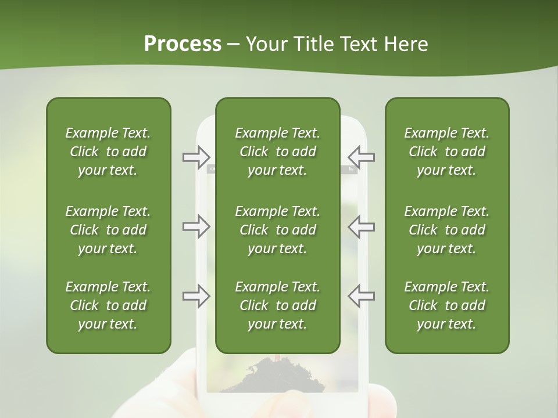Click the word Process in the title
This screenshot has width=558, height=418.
(183, 44)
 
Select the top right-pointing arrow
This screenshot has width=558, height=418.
(196, 156)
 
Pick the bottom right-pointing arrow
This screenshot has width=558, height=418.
(196, 296)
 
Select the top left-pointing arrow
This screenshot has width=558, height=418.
(361, 156)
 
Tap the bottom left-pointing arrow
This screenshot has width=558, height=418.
(361, 296)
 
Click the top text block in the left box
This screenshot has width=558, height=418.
(108, 152)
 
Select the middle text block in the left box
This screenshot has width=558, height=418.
(108, 230)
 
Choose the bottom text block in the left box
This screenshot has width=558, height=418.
(108, 305)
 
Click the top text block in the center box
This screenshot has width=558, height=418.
(278, 152)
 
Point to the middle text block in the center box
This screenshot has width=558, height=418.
(278, 230)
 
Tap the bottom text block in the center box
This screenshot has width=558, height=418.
(278, 305)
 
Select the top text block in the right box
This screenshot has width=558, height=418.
(447, 152)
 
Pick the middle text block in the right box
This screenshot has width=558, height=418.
(447, 230)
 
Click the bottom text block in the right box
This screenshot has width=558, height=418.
(447, 305)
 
